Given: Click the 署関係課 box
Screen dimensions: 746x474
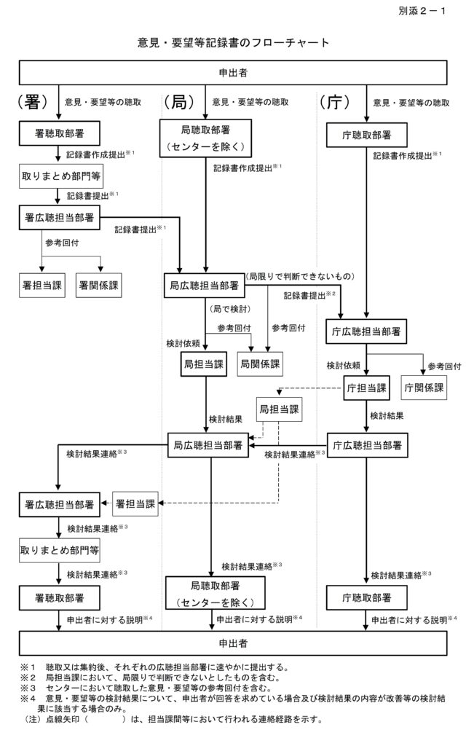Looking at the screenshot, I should coord(98,285).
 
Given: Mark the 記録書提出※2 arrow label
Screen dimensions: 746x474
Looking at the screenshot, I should coord(309,296).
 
